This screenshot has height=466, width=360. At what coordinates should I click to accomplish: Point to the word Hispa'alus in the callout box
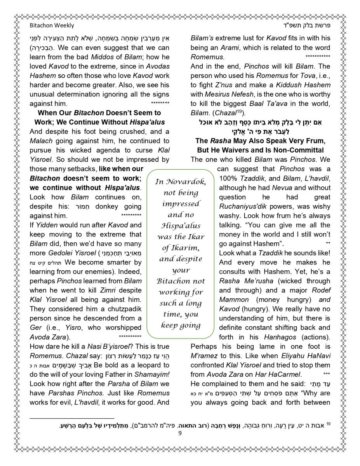pos(181,225)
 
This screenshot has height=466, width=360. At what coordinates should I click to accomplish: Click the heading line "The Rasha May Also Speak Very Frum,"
pos(260,141)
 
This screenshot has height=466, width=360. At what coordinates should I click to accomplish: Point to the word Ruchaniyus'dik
pos(243,206)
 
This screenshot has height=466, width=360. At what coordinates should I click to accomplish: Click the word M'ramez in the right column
pos(203,356)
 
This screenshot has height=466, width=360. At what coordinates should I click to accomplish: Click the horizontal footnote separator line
pos(72,419)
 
